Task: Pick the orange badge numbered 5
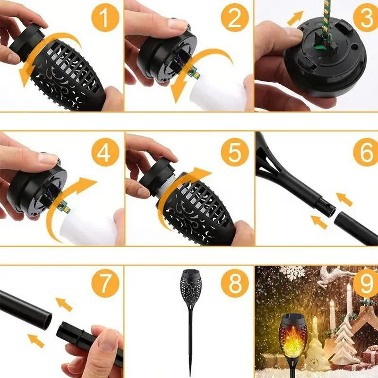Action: (x=235, y=153)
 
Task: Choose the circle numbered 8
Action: (x=235, y=284)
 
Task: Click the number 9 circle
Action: (x=364, y=284)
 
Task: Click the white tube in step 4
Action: (x=90, y=227)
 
